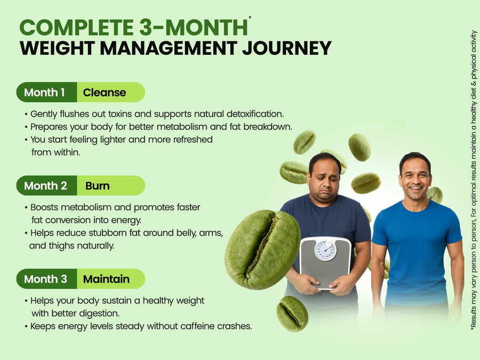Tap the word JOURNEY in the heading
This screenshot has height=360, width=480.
coord(287,48)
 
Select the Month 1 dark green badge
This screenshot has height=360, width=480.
coord(46,92)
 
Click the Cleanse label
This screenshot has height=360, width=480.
coord(105,92)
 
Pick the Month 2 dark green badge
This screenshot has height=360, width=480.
coord(46,186)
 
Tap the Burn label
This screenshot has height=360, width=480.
coord(98,186)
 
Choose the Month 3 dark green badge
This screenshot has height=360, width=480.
coord(46,279)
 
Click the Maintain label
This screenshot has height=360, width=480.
coord(106,279)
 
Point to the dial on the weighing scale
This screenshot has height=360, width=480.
coord(325,251)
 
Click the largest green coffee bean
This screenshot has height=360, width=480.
coord(262,249)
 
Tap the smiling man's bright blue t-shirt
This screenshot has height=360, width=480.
coord(417,251)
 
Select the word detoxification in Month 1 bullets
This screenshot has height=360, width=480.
coord(255,114)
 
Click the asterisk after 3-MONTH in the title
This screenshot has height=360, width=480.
coord(250,17)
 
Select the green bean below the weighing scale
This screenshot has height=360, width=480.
coord(292,314)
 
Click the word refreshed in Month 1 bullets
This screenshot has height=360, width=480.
coord(193,140)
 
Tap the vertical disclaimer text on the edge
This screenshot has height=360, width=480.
coord(474,180)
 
